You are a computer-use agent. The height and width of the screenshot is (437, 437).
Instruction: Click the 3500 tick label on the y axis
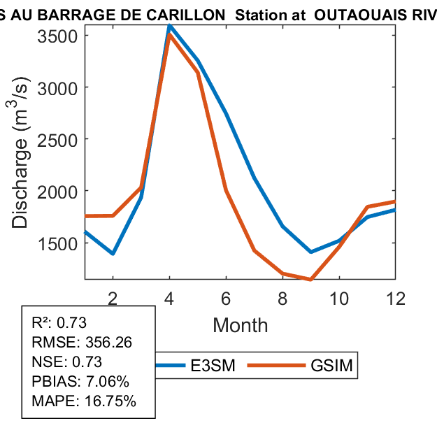point(59,36)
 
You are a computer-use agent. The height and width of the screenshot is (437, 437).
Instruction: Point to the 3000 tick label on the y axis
point(59,87)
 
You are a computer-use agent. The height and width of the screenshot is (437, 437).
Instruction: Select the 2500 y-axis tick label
point(59,139)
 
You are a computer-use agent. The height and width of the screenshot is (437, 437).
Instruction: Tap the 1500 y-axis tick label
point(59,243)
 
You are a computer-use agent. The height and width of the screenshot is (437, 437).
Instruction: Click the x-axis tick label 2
point(113,297)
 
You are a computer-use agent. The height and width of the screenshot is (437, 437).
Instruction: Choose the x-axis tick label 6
point(226,297)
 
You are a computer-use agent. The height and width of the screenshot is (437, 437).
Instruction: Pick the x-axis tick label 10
point(339,297)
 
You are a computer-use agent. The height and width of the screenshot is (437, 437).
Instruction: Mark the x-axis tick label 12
point(395,297)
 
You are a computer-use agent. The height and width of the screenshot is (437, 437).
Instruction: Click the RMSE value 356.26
point(108,343)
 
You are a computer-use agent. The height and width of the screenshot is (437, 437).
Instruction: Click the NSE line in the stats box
point(67,362)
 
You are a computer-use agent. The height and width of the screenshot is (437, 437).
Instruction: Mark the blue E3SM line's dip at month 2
point(113,253)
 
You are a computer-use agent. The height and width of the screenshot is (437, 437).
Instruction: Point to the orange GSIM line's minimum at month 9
point(310,279)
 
